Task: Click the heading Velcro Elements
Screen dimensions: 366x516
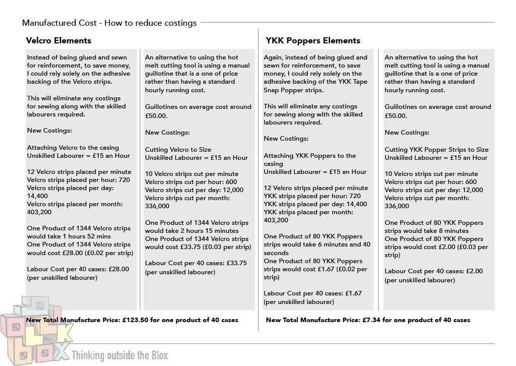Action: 58,40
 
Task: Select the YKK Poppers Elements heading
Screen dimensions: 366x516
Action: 313,40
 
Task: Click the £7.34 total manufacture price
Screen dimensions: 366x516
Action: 372,320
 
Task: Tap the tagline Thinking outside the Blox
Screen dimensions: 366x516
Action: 120,355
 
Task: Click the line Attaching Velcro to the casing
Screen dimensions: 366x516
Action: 73,148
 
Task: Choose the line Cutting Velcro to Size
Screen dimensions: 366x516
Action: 178,150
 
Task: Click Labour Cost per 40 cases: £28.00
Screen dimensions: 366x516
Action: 78,269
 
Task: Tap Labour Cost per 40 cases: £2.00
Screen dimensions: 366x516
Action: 433,271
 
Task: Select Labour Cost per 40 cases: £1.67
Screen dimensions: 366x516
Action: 312,293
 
